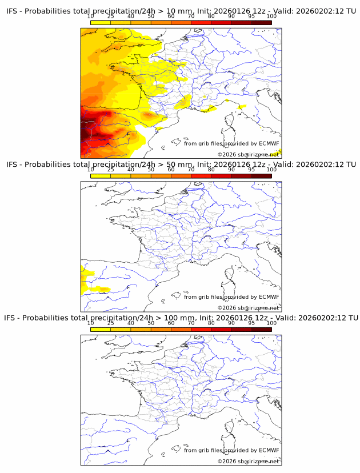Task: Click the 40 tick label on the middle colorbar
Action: [131, 170]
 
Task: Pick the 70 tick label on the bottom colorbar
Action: [191, 323]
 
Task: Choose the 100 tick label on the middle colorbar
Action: [271, 170]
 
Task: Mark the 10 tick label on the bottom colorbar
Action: [91, 323]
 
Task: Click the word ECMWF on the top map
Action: [269, 143]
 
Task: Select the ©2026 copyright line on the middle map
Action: [248, 308]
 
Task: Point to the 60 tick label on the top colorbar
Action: [171, 17]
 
